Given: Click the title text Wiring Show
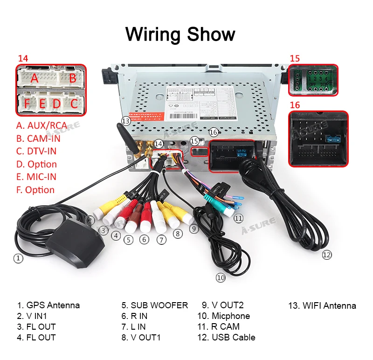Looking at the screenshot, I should coord(180,35).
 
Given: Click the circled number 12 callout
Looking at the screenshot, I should coord(326,255).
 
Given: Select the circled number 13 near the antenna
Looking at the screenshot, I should coord(125,121).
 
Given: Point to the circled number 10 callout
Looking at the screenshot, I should coord(221,278).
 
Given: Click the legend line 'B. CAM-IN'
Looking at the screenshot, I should coord(38,138).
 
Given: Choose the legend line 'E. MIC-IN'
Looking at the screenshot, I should coord(36,177).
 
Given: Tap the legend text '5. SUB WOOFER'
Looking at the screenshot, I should coord(154,305).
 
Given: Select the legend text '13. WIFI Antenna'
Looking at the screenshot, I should coord(322,306).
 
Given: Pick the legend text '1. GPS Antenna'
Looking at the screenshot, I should coord(48,305).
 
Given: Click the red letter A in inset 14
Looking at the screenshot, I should coord(34,78).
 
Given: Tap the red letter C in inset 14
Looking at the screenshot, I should coord(74,103).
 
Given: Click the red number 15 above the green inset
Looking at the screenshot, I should coord(295,58).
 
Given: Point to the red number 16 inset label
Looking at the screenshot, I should coord(295,105).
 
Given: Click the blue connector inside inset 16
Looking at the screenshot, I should coord(333,138).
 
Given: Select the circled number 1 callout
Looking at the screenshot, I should coord(18,258).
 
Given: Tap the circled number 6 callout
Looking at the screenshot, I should coord(145,239).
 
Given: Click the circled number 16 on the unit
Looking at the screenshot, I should coord(214,132).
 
